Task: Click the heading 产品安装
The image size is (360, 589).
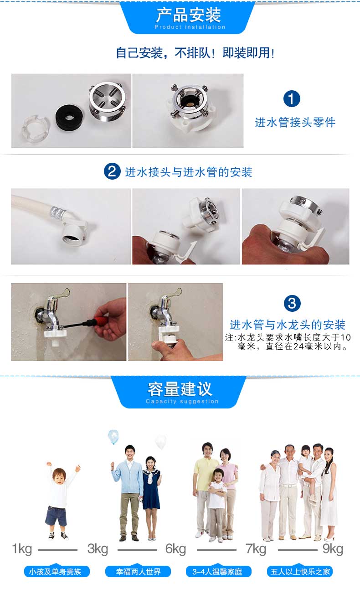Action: pyautogui.click(x=188, y=15)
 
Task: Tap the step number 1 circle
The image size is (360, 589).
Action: pyautogui.click(x=292, y=98)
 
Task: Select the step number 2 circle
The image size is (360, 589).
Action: pyautogui.click(x=112, y=171)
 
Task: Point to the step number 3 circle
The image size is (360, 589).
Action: pyautogui.click(x=292, y=303)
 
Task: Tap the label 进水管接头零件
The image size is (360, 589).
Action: pyautogui.click(x=295, y=123)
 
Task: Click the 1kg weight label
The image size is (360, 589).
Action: pyautogui.click(x=22, y=549)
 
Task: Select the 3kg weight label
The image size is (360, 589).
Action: pyautogui.click(x=98, y=549)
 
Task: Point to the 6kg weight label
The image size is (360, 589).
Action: pyautogui.click(x=175, y=549)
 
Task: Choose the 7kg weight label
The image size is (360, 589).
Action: pyautogui.click(x=256, y=549)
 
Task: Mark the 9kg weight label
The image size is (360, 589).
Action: pyautogui.click(x=333, y=549)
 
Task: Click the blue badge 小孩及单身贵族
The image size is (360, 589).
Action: pyautogui.click(x=57, y=571)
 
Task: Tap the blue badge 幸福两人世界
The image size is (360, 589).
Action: pyautogui.click(x=138, y=571)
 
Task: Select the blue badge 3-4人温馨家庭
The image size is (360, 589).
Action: pyautogui.click(x=219, y=571)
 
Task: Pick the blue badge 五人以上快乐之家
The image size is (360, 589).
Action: pyautogui.click(x=300, y=571)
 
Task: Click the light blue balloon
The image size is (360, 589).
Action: pyautogui.click(x=113, y=436)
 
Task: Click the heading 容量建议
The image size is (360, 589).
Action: pyautogui.click(x=180, y=389)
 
